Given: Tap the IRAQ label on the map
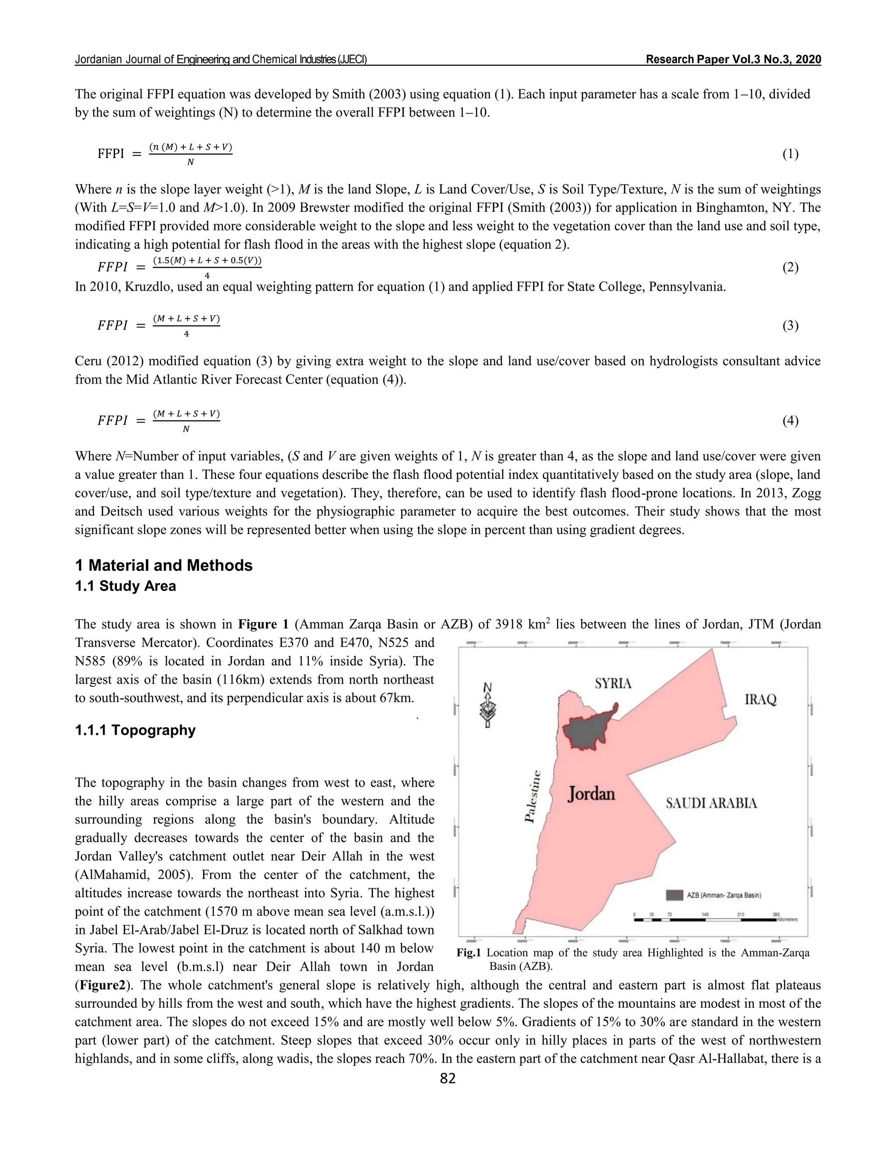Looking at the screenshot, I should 761,700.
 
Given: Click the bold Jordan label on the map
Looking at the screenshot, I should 591,794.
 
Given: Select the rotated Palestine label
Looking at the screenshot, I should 532,796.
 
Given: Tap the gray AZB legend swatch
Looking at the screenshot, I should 674,895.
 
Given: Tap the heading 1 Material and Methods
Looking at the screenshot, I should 164,565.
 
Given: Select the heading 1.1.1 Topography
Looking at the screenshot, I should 135,730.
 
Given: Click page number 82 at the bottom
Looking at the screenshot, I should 448,1078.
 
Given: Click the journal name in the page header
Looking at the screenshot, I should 221,60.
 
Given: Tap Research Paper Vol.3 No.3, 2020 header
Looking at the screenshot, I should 733,60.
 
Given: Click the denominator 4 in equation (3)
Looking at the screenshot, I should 186,334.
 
